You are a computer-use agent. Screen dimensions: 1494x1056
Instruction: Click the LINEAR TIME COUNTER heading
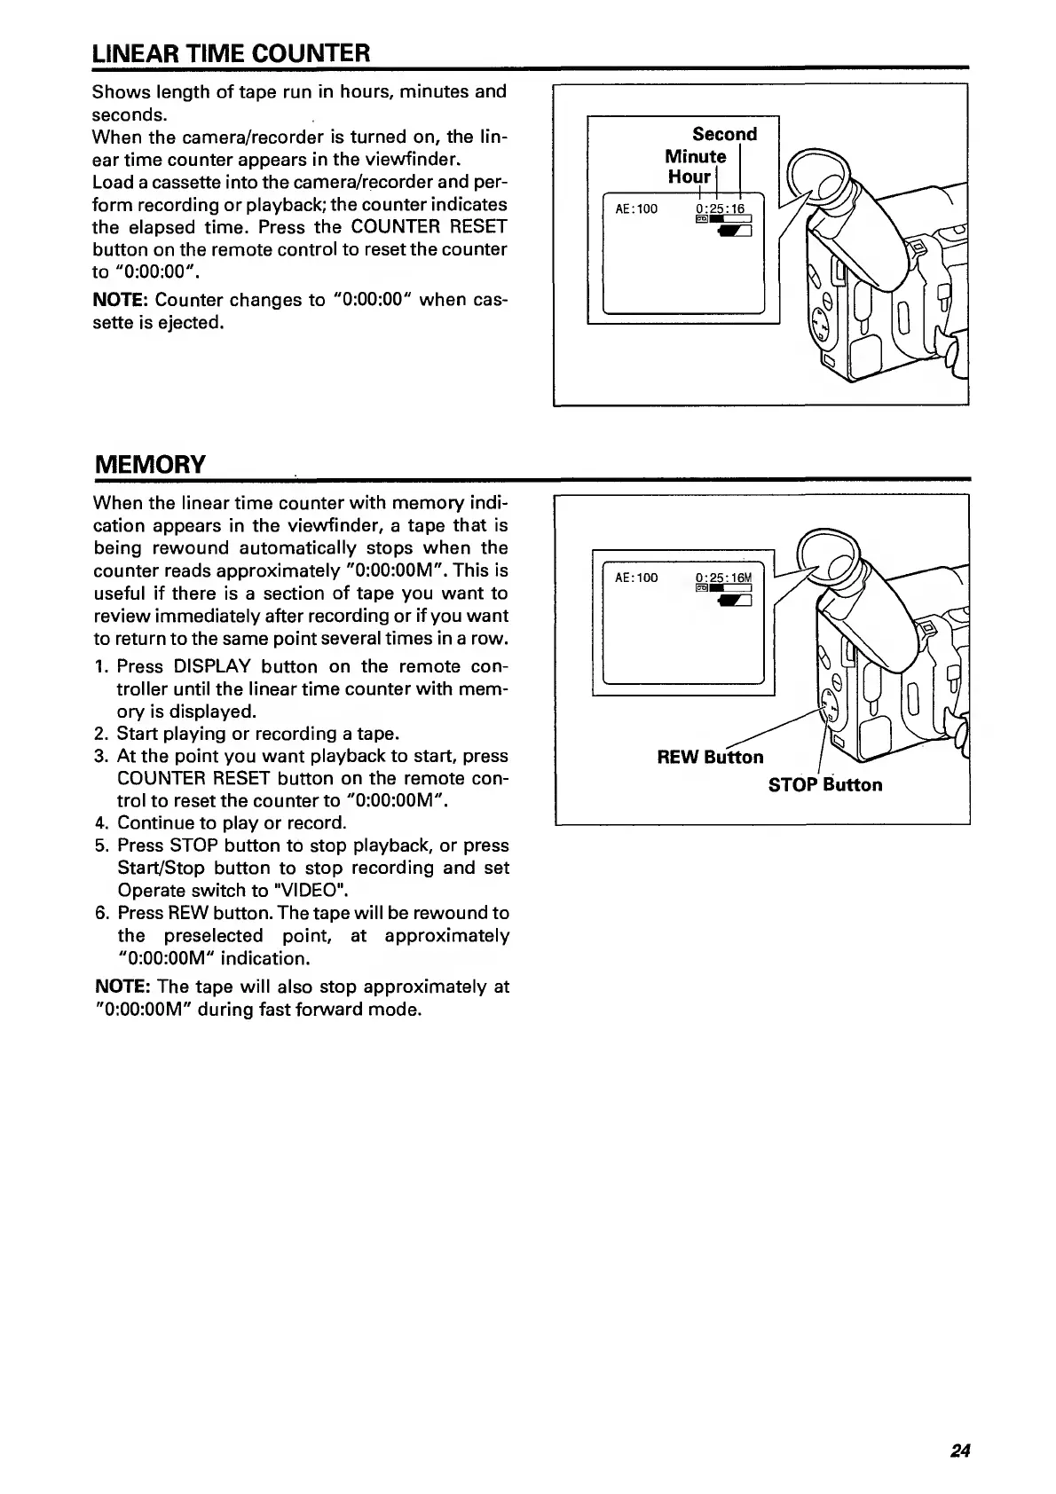pyautogui.click(x=231, y=53)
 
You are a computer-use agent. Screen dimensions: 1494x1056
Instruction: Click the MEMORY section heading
pyautogui.click(x=150, y=464)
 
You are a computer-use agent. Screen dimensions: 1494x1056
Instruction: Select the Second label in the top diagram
pyautogui.click(x=724, y=135)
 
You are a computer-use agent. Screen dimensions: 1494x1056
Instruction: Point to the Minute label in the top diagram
pyautogui.click(x=696, y=157)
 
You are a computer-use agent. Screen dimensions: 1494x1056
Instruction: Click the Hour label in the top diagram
pyautogui.click(x=690, y=177)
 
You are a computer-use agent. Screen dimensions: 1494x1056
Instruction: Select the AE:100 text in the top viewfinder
pyautogui.click(x=636, y=209)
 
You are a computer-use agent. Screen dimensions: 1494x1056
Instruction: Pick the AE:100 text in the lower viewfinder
pyautogui.click(x=636, y=578)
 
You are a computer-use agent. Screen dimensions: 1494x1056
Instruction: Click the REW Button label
pyautogui.click(x=710, y=757)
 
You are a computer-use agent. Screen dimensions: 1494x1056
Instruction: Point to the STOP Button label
pyautogui.click(x=825, y=785)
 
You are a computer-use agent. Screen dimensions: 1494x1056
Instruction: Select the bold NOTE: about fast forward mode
pyautogui.click(x=122, y=987)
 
